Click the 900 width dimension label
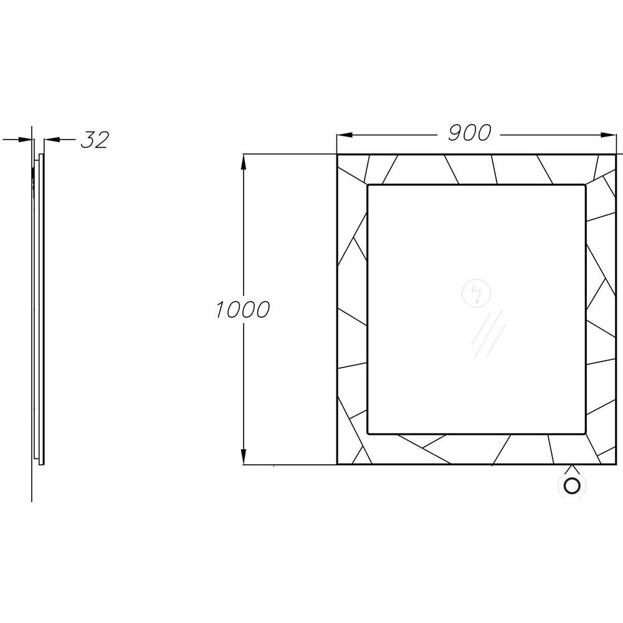tap(470, 133)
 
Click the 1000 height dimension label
tap(243, 309)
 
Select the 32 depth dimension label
tap(95, 140)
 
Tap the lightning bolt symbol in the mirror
tap(477, 293)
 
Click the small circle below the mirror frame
tap(572, 486)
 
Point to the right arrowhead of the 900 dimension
tap(608, 135)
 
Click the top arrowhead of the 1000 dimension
tap(243, 162)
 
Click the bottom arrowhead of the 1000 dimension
tap(243, 456)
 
